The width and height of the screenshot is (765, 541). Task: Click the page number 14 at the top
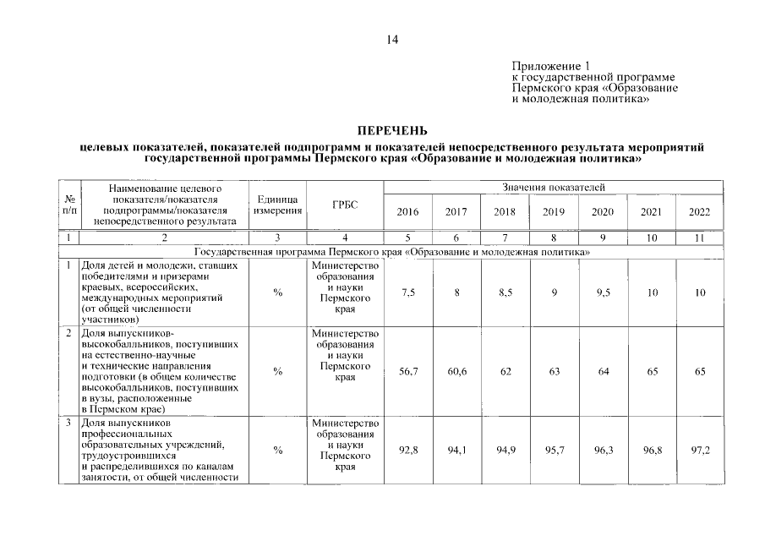coord(392,39)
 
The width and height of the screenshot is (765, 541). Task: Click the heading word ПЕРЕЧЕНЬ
coord(392,132)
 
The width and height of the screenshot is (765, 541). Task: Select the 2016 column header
coord(407,212)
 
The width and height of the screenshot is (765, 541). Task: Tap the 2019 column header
coord(554,212)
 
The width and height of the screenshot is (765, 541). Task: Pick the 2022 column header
coord(700,212)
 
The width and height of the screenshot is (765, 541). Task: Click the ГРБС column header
coord(345,205)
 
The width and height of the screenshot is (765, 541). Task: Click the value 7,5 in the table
coord(407,292)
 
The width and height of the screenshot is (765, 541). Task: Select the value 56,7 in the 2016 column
coord(407,371)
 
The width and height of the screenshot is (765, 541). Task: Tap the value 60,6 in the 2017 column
coord(456,371)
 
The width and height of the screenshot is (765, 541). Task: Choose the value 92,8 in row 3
coord(407,451)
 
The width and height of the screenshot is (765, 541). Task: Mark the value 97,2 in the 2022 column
coord(700,451)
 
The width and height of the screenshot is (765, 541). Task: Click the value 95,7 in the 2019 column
coord(554,451)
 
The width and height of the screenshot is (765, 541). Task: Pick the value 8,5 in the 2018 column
coord(505,292)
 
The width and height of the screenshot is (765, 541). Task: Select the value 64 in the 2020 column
coord(603,371)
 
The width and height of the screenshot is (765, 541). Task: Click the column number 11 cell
coord(700,239)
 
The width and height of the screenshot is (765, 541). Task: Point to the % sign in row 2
coord(277,371)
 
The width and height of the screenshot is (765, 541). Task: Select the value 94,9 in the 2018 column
coord(505,451)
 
